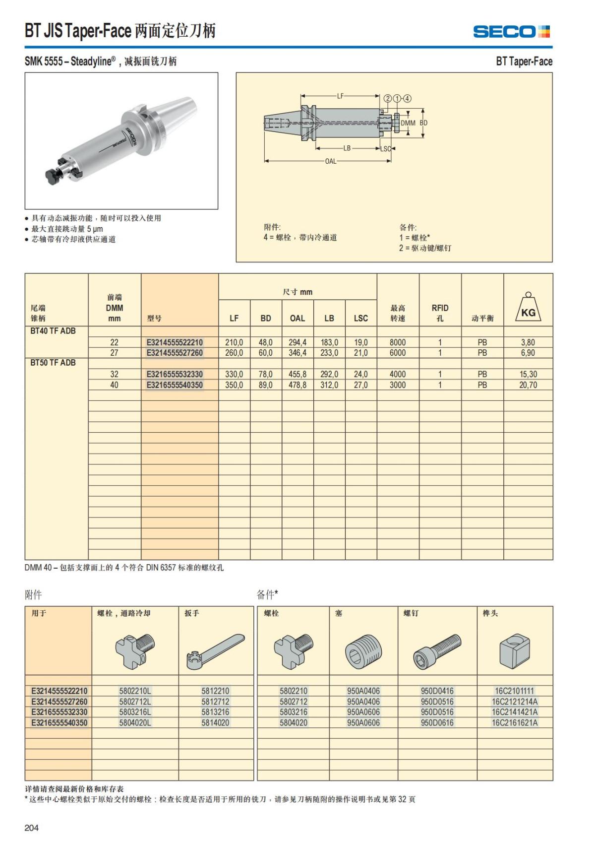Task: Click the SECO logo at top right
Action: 511,32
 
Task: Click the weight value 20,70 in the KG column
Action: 528,385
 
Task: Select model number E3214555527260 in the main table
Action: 175,353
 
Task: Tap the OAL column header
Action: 297,318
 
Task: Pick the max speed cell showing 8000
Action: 397,342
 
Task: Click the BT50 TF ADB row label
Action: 53,363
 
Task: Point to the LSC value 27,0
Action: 360,385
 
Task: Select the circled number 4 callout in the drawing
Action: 408,98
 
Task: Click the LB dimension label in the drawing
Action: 347,148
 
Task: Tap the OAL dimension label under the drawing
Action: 330,161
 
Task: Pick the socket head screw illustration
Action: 437,650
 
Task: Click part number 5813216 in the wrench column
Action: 215,712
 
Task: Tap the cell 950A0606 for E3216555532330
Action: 363,712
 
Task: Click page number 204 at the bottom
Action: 31,827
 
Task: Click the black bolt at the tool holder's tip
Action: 52,176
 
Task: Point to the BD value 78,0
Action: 265,374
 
